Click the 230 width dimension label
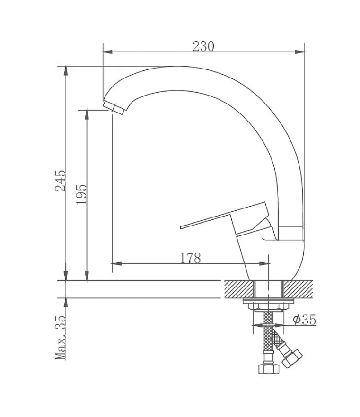pyautogui.click(x=203, y=46)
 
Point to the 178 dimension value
pyautogui.click(x=191, y=258)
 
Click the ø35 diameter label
pyautogui.click(x=304, y=320)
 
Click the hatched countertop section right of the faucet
pyautogui.click(x=299, y=288)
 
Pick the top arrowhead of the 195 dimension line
pyautogui.click(x=87, y=113)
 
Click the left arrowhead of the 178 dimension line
pyautogui.click(x=115, y=263)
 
